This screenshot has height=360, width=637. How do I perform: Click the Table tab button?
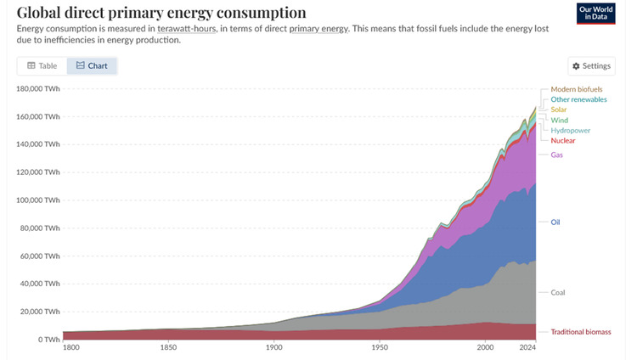coord(42,65)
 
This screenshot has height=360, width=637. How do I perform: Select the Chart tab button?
coord(92,65)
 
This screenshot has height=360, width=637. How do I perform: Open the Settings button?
coord(591,65)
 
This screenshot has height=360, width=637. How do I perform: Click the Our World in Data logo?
coord(596,14)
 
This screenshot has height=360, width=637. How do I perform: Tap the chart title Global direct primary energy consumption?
coord(161,13)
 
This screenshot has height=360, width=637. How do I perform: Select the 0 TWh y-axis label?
coord(48,340)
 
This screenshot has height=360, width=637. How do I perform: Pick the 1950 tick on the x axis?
coord(380,348)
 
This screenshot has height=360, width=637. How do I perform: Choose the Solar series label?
coord(559,110)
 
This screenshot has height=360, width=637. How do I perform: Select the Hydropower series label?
coord(570,130)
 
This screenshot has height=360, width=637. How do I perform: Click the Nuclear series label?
coord(563,140)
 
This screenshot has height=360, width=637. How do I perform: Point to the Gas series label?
coord(557,155)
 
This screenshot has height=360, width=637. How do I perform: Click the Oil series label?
coord(555,222)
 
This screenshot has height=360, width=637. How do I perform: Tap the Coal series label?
coord(558,293)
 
